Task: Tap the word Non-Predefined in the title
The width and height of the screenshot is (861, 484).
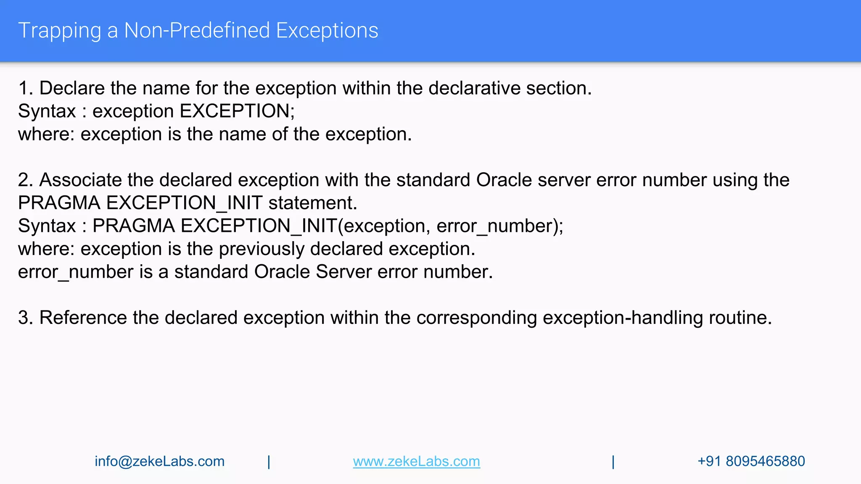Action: [x=197, y=31]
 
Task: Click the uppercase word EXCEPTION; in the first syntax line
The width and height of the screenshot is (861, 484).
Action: [x=237, y=111]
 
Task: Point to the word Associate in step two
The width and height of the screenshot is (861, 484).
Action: [x=80, y=180]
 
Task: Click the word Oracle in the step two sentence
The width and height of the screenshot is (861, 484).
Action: [x=504, y=180]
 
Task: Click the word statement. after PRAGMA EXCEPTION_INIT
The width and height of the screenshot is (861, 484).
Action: [x=313, y=203]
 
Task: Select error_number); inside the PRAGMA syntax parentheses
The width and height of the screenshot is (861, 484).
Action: [x=500, y=226]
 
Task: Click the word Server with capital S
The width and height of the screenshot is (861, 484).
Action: [x=343, y=272]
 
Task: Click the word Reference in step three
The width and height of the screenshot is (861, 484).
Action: [x=83, y=318]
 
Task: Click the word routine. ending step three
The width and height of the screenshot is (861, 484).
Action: [x=740, y=318]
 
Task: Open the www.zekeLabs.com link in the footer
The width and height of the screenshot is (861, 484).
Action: [x=416, y=461]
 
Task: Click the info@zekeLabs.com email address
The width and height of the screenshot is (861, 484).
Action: [x=159, y=461]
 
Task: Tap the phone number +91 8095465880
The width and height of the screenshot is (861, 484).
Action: [x=751, y=461]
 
